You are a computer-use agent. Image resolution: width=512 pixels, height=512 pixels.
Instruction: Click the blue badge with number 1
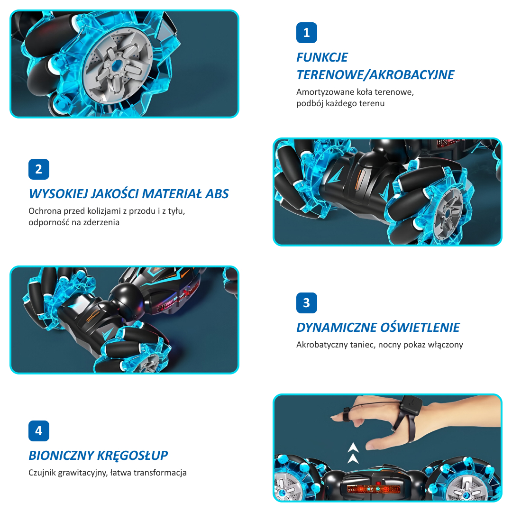pyautogui.click(x=307, y=33)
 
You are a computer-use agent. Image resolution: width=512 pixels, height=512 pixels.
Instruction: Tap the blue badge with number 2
pyautogui.click(x=39, y=169)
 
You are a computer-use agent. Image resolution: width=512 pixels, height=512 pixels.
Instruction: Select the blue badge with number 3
pyautogui.click(x=307, y=302)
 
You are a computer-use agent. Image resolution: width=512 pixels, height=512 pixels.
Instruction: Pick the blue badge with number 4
pyautogui.click(x=39, y=430)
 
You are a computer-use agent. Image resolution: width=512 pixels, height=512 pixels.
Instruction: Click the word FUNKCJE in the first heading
pyautogui.click(x=322, y=57)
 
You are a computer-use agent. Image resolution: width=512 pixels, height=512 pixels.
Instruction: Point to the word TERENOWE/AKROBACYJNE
pyautogui.click(x=375, y=75)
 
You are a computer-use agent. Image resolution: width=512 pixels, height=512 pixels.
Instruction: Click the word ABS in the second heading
pyautogui.click(x=217, y=194)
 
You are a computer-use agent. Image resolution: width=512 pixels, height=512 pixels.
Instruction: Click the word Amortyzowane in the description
pyautogui.click(x=325, y=92)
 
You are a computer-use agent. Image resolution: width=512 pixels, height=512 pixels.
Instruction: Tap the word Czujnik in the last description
pyautogui.click(x=42, y=473)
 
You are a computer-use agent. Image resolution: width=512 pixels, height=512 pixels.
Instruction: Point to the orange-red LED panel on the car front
pyautogui.click(x=373, y=489)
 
